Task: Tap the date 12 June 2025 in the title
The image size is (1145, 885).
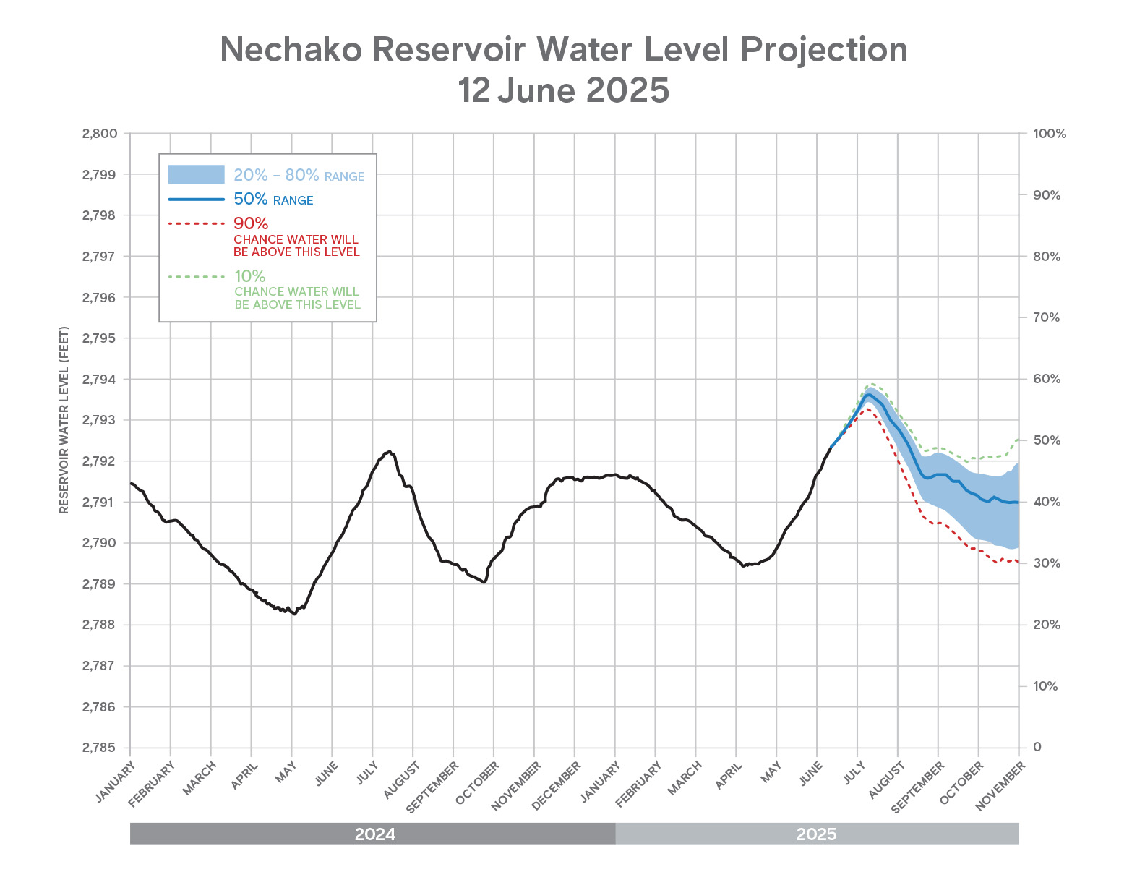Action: point(564,90)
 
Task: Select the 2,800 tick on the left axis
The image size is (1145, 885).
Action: point(100,134)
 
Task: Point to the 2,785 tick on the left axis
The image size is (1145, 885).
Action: point(100,748)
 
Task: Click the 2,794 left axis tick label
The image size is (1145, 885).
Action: point(100,379)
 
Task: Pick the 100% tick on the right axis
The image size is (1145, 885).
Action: point(1050,134)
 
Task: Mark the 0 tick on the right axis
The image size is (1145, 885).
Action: point(1037,747)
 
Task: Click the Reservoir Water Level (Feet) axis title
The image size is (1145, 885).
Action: point(64,420)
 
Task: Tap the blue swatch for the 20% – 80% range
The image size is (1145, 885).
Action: point(197,174)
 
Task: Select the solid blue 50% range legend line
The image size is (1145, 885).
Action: point(197,199)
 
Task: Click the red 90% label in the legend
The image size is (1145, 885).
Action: point(251,223)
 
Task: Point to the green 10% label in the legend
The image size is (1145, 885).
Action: point(249,276)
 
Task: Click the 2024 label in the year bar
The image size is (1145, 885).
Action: point(374,834)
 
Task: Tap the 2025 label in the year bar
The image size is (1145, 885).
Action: point(816,834)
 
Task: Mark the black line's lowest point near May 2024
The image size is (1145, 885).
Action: point(293,614)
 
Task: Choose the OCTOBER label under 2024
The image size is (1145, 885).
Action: point(478,783)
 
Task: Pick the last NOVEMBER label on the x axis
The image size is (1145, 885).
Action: point(1000,787)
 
